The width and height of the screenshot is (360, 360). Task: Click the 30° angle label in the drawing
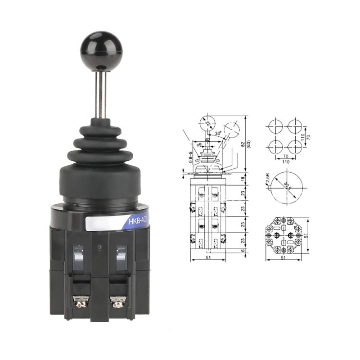pyautogui.click(x=218, y=134)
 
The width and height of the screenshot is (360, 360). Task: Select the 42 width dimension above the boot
pyautogui.click(x=207, y=140)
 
